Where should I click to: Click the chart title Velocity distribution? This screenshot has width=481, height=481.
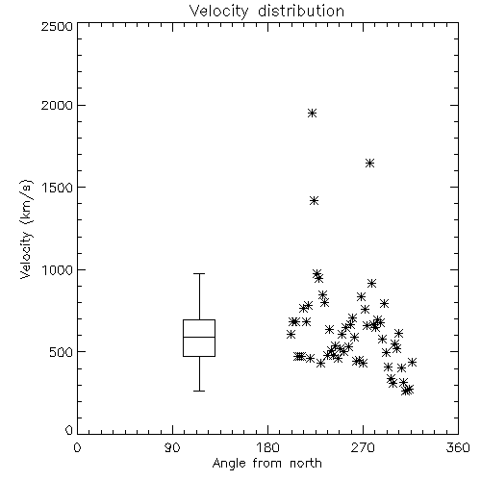coord(266,11)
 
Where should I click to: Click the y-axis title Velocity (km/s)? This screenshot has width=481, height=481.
coord(26,229)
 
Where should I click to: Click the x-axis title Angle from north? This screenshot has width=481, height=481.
coord(266,464)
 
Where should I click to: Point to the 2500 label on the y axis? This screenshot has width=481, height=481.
coord(57,26)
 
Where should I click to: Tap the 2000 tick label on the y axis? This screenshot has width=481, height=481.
coord(57,106)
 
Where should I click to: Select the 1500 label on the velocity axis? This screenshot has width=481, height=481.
coord(58,188)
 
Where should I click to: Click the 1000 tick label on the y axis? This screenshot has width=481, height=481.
coord(58,270)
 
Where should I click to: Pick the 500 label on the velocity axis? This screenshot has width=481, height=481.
coord(62,352)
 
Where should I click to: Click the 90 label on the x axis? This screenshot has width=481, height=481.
coord(173,447)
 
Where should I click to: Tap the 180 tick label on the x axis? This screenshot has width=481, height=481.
coord(267,447)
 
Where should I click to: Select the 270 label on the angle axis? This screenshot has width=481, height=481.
coord(363,447)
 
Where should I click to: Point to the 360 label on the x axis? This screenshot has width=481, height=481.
coord(458,447)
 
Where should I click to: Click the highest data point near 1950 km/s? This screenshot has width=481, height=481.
coord(312,113)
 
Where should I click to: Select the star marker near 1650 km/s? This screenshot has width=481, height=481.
coord(369,164)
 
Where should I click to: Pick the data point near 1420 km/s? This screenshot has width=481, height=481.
coord(314,201)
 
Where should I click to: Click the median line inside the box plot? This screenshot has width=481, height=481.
coord(199,337)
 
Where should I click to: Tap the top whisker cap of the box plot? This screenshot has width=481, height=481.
coord(199,274)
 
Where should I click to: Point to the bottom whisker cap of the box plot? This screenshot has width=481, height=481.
coord(199,391)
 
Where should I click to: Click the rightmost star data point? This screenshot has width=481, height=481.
coord(412,363)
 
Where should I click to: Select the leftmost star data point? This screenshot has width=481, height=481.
coord(291,335)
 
